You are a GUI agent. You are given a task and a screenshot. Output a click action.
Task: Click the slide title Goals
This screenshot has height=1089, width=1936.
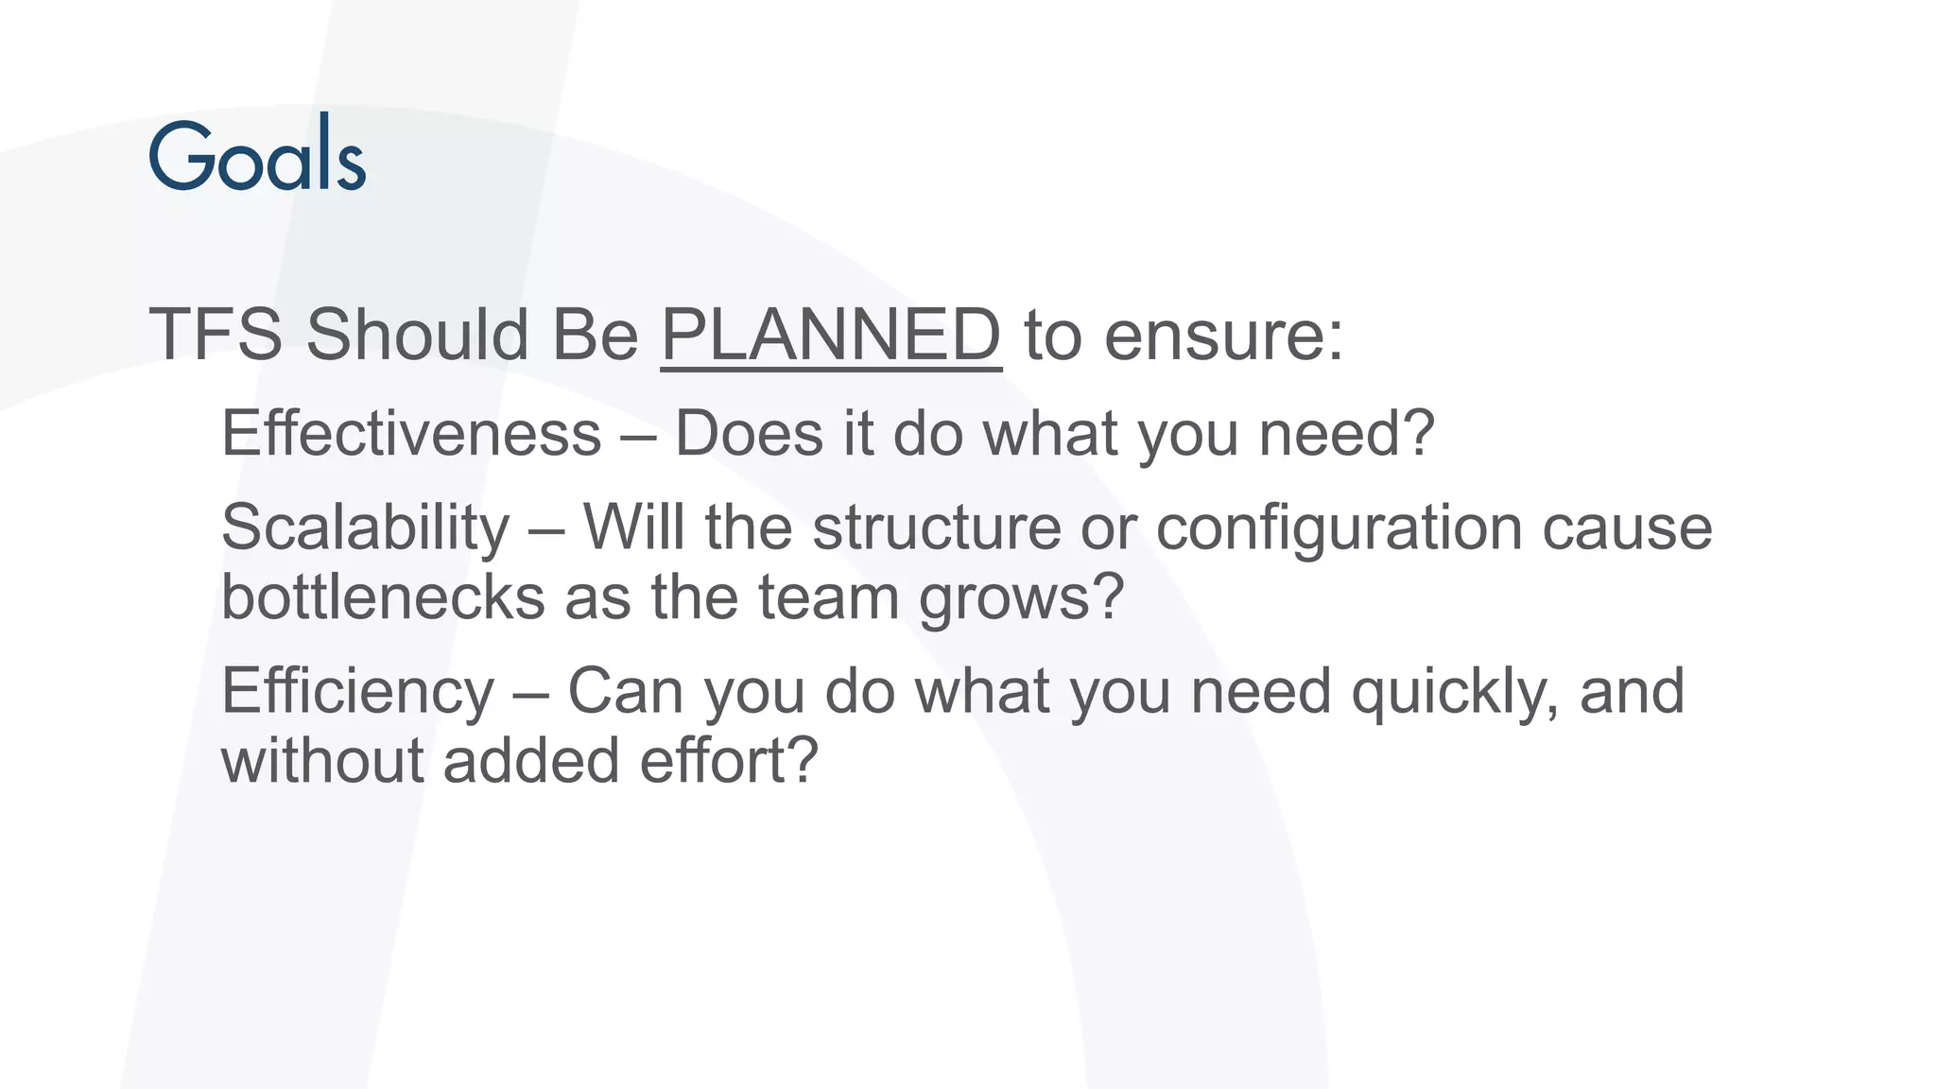(x=257, y=154)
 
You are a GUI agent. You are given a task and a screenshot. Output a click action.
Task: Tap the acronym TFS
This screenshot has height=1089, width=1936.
(x=216, y=335)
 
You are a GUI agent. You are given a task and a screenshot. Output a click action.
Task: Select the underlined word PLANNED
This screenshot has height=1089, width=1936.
(x=830, y=335)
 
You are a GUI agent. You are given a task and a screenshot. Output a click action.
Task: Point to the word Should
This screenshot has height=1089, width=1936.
(x=417, y=335)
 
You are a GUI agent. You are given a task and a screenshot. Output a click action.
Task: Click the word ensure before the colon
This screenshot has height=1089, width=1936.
(x=1214, y=337)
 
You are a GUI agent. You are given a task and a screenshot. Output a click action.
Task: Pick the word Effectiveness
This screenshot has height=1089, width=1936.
(x=411, y=434)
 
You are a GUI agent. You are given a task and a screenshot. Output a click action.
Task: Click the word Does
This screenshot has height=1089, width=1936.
(x=749, y=434)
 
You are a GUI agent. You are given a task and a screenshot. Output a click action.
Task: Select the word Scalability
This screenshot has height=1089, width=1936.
(x=365, y=527)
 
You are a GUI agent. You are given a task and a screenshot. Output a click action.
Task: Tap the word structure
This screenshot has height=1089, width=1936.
(x=937, y=527)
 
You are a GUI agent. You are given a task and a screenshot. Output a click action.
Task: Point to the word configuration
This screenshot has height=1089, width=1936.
(x=1339, y=527)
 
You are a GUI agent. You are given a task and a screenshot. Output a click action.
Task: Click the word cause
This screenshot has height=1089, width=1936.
(x=1627, y=527)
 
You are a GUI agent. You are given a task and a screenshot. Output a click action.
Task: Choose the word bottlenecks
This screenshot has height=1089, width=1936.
(x=383, y=597)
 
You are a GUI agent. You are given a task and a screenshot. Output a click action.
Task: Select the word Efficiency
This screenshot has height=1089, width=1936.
(x=357, y=692)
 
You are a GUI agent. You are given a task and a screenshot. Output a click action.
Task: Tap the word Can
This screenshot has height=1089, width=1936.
(x=625, y=692)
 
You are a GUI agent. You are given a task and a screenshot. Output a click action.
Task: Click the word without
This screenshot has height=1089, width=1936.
(x=322, y=761)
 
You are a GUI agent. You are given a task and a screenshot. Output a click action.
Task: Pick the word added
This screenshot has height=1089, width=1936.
(x=530, y=761)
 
